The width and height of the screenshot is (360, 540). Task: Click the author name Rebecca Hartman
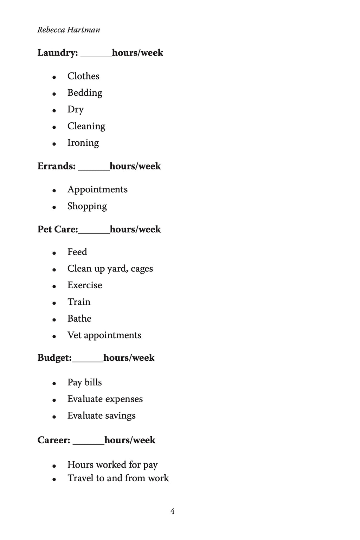(69, 30)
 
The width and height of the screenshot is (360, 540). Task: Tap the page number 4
(172, 511)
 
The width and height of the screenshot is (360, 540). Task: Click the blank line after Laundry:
(96, 56)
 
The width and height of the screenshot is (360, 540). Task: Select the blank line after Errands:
(94, 169)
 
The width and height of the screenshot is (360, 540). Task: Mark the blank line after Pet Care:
(94, 232)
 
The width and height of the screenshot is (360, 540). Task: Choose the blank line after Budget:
(88, 360)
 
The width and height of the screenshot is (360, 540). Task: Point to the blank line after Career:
(89, 443)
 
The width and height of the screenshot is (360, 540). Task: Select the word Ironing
(83, 143)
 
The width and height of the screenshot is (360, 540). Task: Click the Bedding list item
(85, 93)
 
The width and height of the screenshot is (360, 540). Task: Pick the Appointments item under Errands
(97, 189)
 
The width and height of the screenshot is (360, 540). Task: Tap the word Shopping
(87, 206)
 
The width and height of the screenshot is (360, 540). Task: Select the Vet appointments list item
(104, 335)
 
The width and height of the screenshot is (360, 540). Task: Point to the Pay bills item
(84, 382)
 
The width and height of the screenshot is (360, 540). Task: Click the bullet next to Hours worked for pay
(54, 466)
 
